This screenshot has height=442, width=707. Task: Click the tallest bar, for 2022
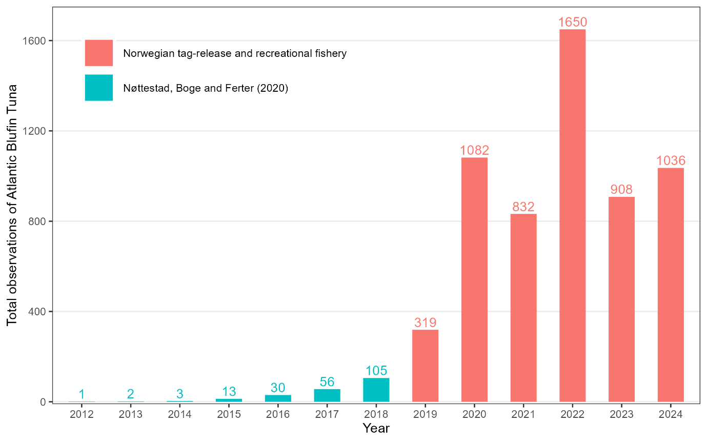(572, 215)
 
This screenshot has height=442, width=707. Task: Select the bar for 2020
(474, 279)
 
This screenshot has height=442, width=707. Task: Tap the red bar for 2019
(425, 366)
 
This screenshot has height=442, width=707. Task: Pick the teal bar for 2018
(376, 390)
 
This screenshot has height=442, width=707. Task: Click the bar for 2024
(671, 285)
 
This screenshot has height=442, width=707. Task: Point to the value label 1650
(572, 22)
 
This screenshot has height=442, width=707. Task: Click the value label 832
(523, 207)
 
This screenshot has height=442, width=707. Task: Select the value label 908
(621, 190)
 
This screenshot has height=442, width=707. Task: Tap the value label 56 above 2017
(327, 381)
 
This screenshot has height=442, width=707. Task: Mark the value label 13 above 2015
(229, 391)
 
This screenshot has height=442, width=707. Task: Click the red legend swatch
(99, 53)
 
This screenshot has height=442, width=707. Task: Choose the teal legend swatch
(99, 88)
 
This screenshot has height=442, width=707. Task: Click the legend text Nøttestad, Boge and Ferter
(206, 88)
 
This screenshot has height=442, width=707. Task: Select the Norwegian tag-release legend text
(235, 53)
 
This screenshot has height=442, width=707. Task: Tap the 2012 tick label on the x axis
(82, 414)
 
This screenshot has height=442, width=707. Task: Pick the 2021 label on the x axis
(523, 414)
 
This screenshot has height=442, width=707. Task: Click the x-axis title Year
(376, 428)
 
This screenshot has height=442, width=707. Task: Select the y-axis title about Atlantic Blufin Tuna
(12, 205)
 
